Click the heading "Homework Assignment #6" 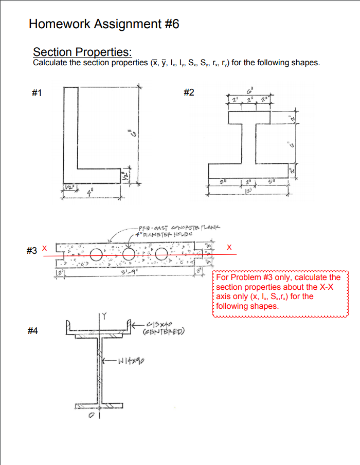[104, 24]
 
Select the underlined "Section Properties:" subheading [82, 52]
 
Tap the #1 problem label [36, 93]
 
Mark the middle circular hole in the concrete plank [128, 254]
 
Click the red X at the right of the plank [229, 248]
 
